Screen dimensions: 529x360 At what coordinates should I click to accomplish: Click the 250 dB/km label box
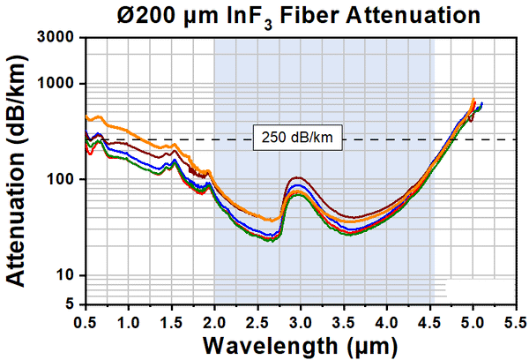pyautogui.click(x=298, y=138)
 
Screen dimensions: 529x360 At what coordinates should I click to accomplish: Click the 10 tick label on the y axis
pyautogui.click(x=65, y=275)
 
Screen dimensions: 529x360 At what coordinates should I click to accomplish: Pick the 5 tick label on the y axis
pyautogui.click(x=70, y=304)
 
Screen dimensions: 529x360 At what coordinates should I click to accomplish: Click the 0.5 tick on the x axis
pyautogui.click(x=86, y=323)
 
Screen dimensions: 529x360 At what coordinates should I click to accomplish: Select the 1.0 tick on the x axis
pyautogui.click(x=129, y=323)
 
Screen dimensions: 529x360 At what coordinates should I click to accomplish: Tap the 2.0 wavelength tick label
pyautogui.click(x=214, y=323)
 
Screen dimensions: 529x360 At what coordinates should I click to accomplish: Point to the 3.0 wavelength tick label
pyautogui.click(x=301, y=323)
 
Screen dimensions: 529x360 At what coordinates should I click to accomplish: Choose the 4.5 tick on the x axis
pyautogui.click(x=430, y=323)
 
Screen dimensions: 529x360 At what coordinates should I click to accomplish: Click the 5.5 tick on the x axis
pyautogui.click(x=516, y=323)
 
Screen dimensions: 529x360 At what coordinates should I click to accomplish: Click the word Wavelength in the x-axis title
pyautogui.click(x=271, y=346)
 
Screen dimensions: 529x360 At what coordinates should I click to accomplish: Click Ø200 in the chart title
pyautogui.click(x=145, y=15)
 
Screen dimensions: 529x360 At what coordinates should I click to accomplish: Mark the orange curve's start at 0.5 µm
pyautogui.click(x=86, y=116)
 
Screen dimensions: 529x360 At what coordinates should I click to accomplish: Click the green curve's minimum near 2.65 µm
pyautogui.click(x=272, y=241)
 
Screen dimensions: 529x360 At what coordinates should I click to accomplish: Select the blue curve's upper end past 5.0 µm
pyautogui.click(x=481, y=103)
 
